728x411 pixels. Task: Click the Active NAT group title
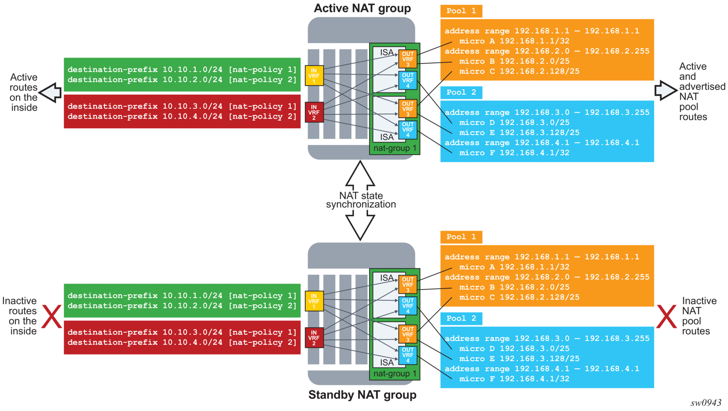(x=362, y=8)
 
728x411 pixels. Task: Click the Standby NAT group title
(x=362, y=395)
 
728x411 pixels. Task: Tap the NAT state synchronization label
(x=361, y=200)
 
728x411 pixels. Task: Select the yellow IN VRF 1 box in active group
(x=314, y=75)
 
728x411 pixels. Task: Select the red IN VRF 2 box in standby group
(x=314, y=338)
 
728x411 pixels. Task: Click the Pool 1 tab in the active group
(x=461, y=11)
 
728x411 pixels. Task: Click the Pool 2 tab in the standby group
(x=461, y=318)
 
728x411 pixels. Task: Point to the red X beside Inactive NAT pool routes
(x=666, y=317)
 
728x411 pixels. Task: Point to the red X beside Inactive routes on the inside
(x=52, y=317)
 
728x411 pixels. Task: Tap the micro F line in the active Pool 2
(x=514, y=153)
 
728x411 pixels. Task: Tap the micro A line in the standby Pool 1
(x=514, y=267)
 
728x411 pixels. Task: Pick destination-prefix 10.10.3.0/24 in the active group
(x=182, y=106)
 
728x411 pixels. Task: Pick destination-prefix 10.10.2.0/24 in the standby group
(x=182, y=306)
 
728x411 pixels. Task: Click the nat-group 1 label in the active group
(x=394, y=148)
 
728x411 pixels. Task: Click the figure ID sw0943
(x=705, y=403)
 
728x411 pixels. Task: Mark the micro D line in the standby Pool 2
(x=514, y=348)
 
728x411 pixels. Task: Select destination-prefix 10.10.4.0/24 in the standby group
(x=182, y=342)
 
